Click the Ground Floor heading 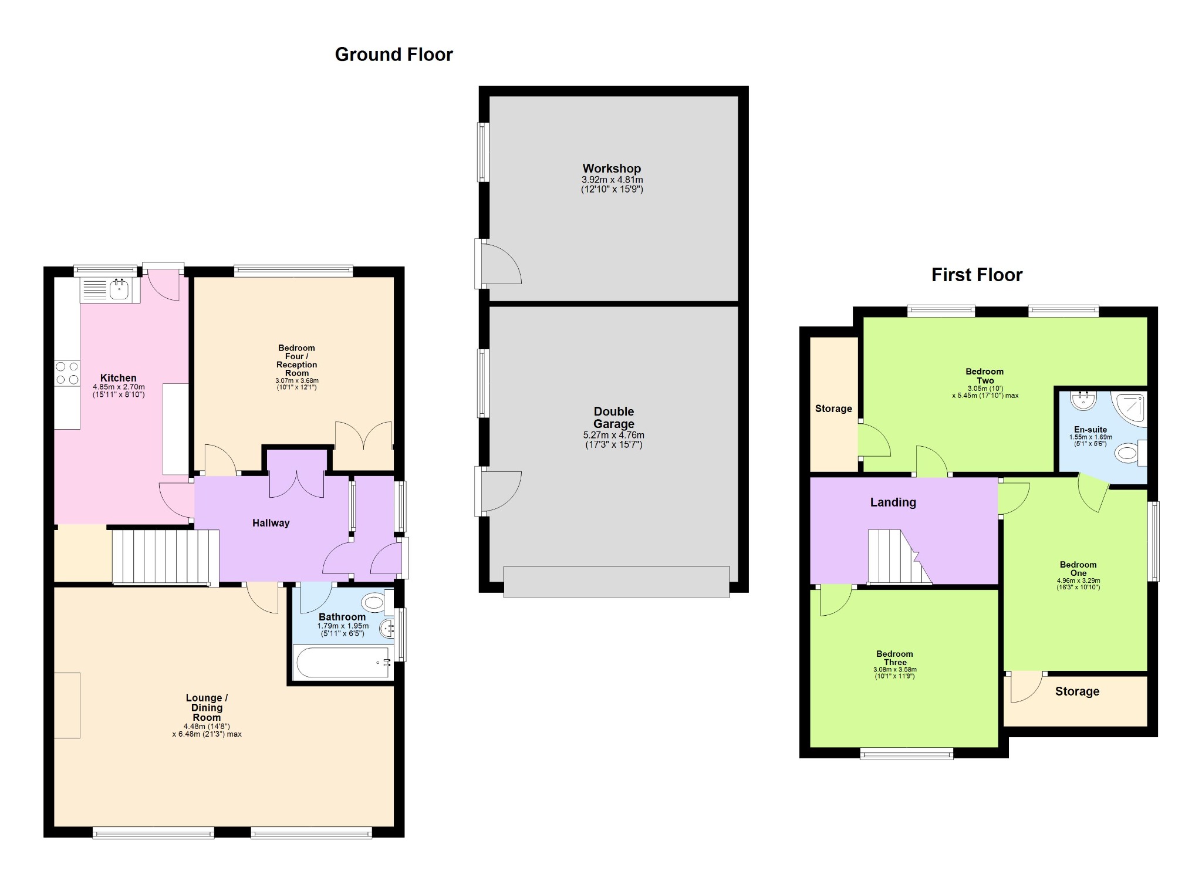394,55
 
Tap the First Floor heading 977,275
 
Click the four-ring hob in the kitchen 67,373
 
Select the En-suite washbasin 1083,400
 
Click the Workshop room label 612,168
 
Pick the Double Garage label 613,417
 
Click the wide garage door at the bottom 616,582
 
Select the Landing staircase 899,556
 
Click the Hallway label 271,523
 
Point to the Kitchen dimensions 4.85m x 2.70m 119,387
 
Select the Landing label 893,502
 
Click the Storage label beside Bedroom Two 833,409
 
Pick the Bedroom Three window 907,753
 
